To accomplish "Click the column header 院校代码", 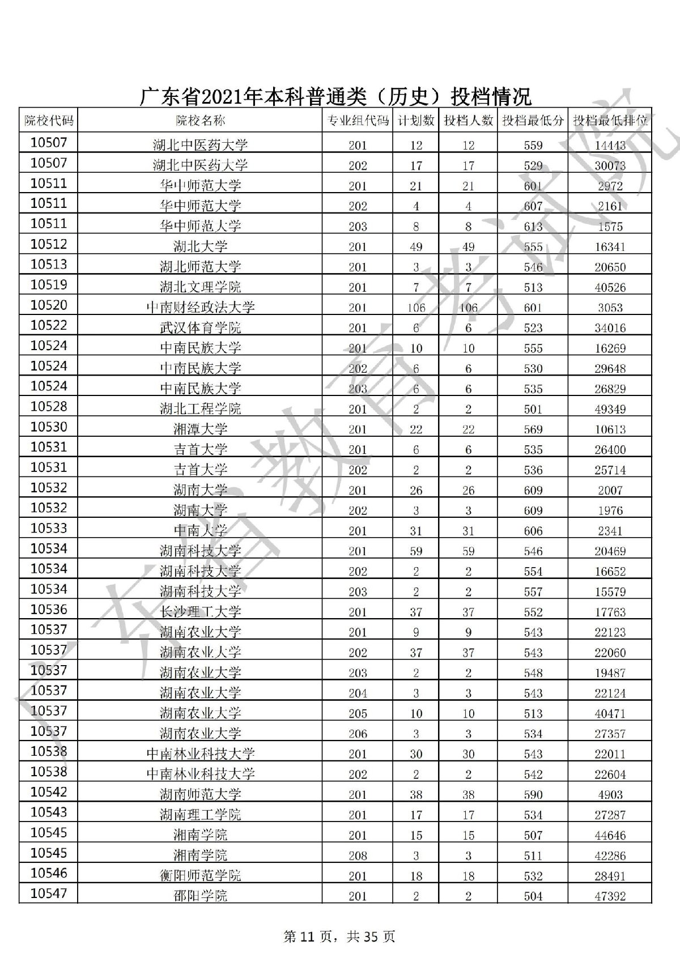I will point(49,121).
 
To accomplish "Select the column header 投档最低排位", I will point(610,121).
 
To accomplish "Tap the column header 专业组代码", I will point(358,121).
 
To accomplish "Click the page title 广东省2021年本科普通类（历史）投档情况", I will point(335,96).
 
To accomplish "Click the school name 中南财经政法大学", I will point(200,308).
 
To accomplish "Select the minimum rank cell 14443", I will point(610,145).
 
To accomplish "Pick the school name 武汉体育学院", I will point(200,328).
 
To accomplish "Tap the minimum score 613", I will point(533,227).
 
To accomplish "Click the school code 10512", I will point(49,245).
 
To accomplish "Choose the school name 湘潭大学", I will point(200,429).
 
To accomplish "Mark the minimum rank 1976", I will point(610,510).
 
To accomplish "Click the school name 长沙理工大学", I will point(200,612).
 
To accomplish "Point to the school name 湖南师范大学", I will point(200,794).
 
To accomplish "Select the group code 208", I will point(358,855).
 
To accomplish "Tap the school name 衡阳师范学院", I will point(200,875).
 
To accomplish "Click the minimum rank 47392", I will point(610,896).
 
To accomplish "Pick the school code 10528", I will point(49,407).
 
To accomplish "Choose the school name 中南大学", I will point(200,531).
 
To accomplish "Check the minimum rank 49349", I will point(610,409).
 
